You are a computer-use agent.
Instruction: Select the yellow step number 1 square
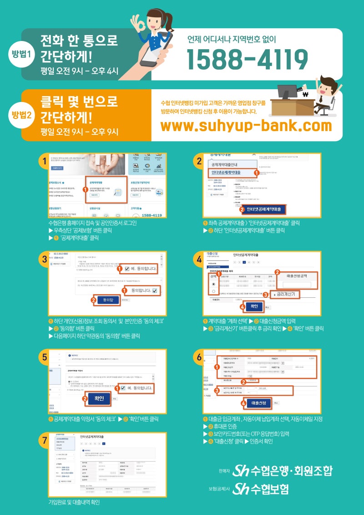pyautogui.click(x=42, y=161)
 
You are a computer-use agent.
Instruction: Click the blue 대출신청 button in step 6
pyautogui.click(x=255, y=403)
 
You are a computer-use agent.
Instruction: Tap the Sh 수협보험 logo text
pyautogui.click(x=260, y=489)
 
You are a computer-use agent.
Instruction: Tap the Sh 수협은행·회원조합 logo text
pyautogui.click(x=282, y=470)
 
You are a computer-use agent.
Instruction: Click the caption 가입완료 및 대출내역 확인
pyautogui.click(x=74, y=503)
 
